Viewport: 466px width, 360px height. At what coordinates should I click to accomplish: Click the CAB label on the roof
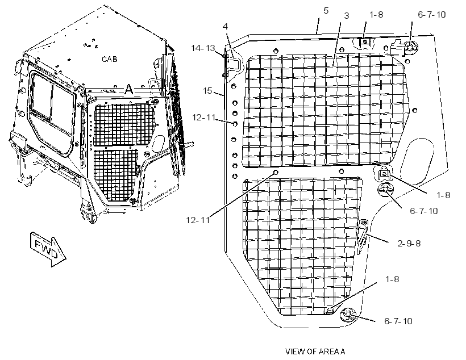point(109,59)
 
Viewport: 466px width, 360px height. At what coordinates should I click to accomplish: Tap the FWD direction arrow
point(48,249)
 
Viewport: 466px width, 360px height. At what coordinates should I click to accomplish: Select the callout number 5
point(326,11)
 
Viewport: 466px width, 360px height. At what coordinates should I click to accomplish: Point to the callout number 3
point(346,16)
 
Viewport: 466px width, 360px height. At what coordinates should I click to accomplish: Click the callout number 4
point(225,27)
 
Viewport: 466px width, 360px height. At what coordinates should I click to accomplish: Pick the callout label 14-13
point(203,48)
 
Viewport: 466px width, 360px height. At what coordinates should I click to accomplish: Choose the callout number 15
point(207,90)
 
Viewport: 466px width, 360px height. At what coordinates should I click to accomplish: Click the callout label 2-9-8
point(409,243)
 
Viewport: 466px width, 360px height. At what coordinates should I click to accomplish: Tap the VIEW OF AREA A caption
point(315,351)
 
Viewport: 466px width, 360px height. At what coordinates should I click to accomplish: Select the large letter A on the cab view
point(128,89)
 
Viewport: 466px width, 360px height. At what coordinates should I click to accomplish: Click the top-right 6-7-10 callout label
point(432,15)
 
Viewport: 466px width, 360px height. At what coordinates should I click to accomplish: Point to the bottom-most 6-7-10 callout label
point(398,321)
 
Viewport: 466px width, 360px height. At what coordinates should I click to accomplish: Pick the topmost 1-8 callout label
point(376,15)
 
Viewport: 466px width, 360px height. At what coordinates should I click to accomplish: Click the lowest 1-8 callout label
point(392,279)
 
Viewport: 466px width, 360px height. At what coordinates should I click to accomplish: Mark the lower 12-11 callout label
point(198,220)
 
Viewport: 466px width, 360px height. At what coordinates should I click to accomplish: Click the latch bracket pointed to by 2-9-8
point(362,236)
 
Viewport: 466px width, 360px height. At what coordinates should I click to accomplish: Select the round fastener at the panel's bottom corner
point(348,315)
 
